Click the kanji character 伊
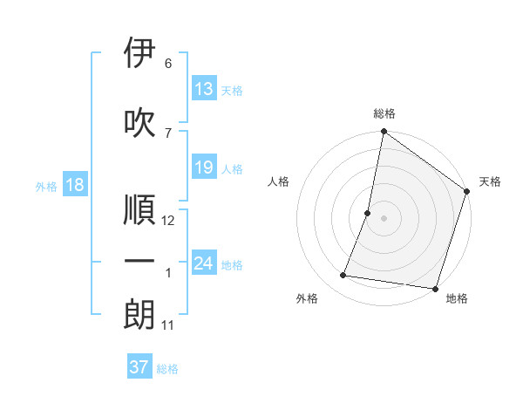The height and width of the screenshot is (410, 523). pyautogui.click(x=139, y=53)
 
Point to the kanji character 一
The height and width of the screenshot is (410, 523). pyautogui.click(x=139, y=261)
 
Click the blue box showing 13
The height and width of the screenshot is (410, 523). pyautogui.click(x=204, y=89)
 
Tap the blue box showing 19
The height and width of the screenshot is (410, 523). pyautogui.click(x=204, y=167)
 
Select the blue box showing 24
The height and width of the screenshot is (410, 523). pyautogui.click(x=204, y=263)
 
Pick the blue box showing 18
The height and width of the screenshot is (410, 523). pyautogui.click(x=74, y=185)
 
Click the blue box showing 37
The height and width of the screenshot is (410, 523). pyautogui.click(x=139, y=367)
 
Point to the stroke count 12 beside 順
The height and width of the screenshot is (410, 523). pyautogui.click(x=169, y=221)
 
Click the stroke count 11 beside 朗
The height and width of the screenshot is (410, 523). pyautogui.click(x=168, y=325)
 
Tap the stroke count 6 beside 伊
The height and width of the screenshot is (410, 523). pyautogui.click(x=168, y=64)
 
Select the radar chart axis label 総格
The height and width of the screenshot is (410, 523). pyautogui.click(x=384, y=113)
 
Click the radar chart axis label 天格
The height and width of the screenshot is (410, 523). pyautogui.click(x=490, y=181)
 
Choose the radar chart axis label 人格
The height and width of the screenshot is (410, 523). pyautogui.click(x=279, y=181)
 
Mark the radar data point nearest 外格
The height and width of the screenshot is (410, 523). pyautogui.click(x=343, y=276)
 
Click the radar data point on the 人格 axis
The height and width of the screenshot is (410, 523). pyautogui.click(x=368, y=213)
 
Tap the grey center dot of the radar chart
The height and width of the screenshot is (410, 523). pyautogui.click(x=384, y=218)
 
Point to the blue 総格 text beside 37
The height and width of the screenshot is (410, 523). pyautogui.click(x=167, y=369)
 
